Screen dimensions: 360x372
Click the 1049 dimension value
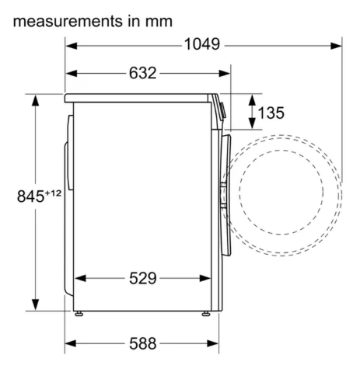pos(202,44)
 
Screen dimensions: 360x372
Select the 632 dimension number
pos(143,73)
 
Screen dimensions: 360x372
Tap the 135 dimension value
pos(271,113)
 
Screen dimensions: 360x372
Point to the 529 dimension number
pos(143,278)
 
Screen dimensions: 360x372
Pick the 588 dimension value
pos(143,343)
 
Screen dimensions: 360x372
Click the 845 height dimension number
pos(30,196)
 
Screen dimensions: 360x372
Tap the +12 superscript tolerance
pos(54,193)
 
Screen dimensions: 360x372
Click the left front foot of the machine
pos(79,314)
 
